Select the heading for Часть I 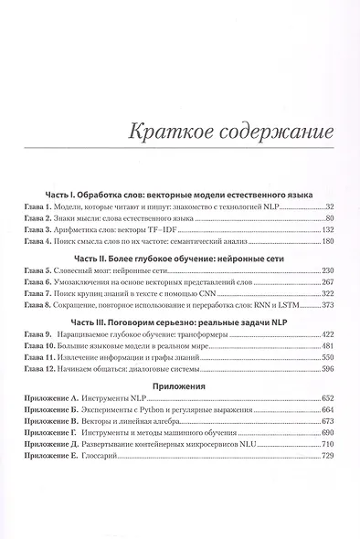179,196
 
